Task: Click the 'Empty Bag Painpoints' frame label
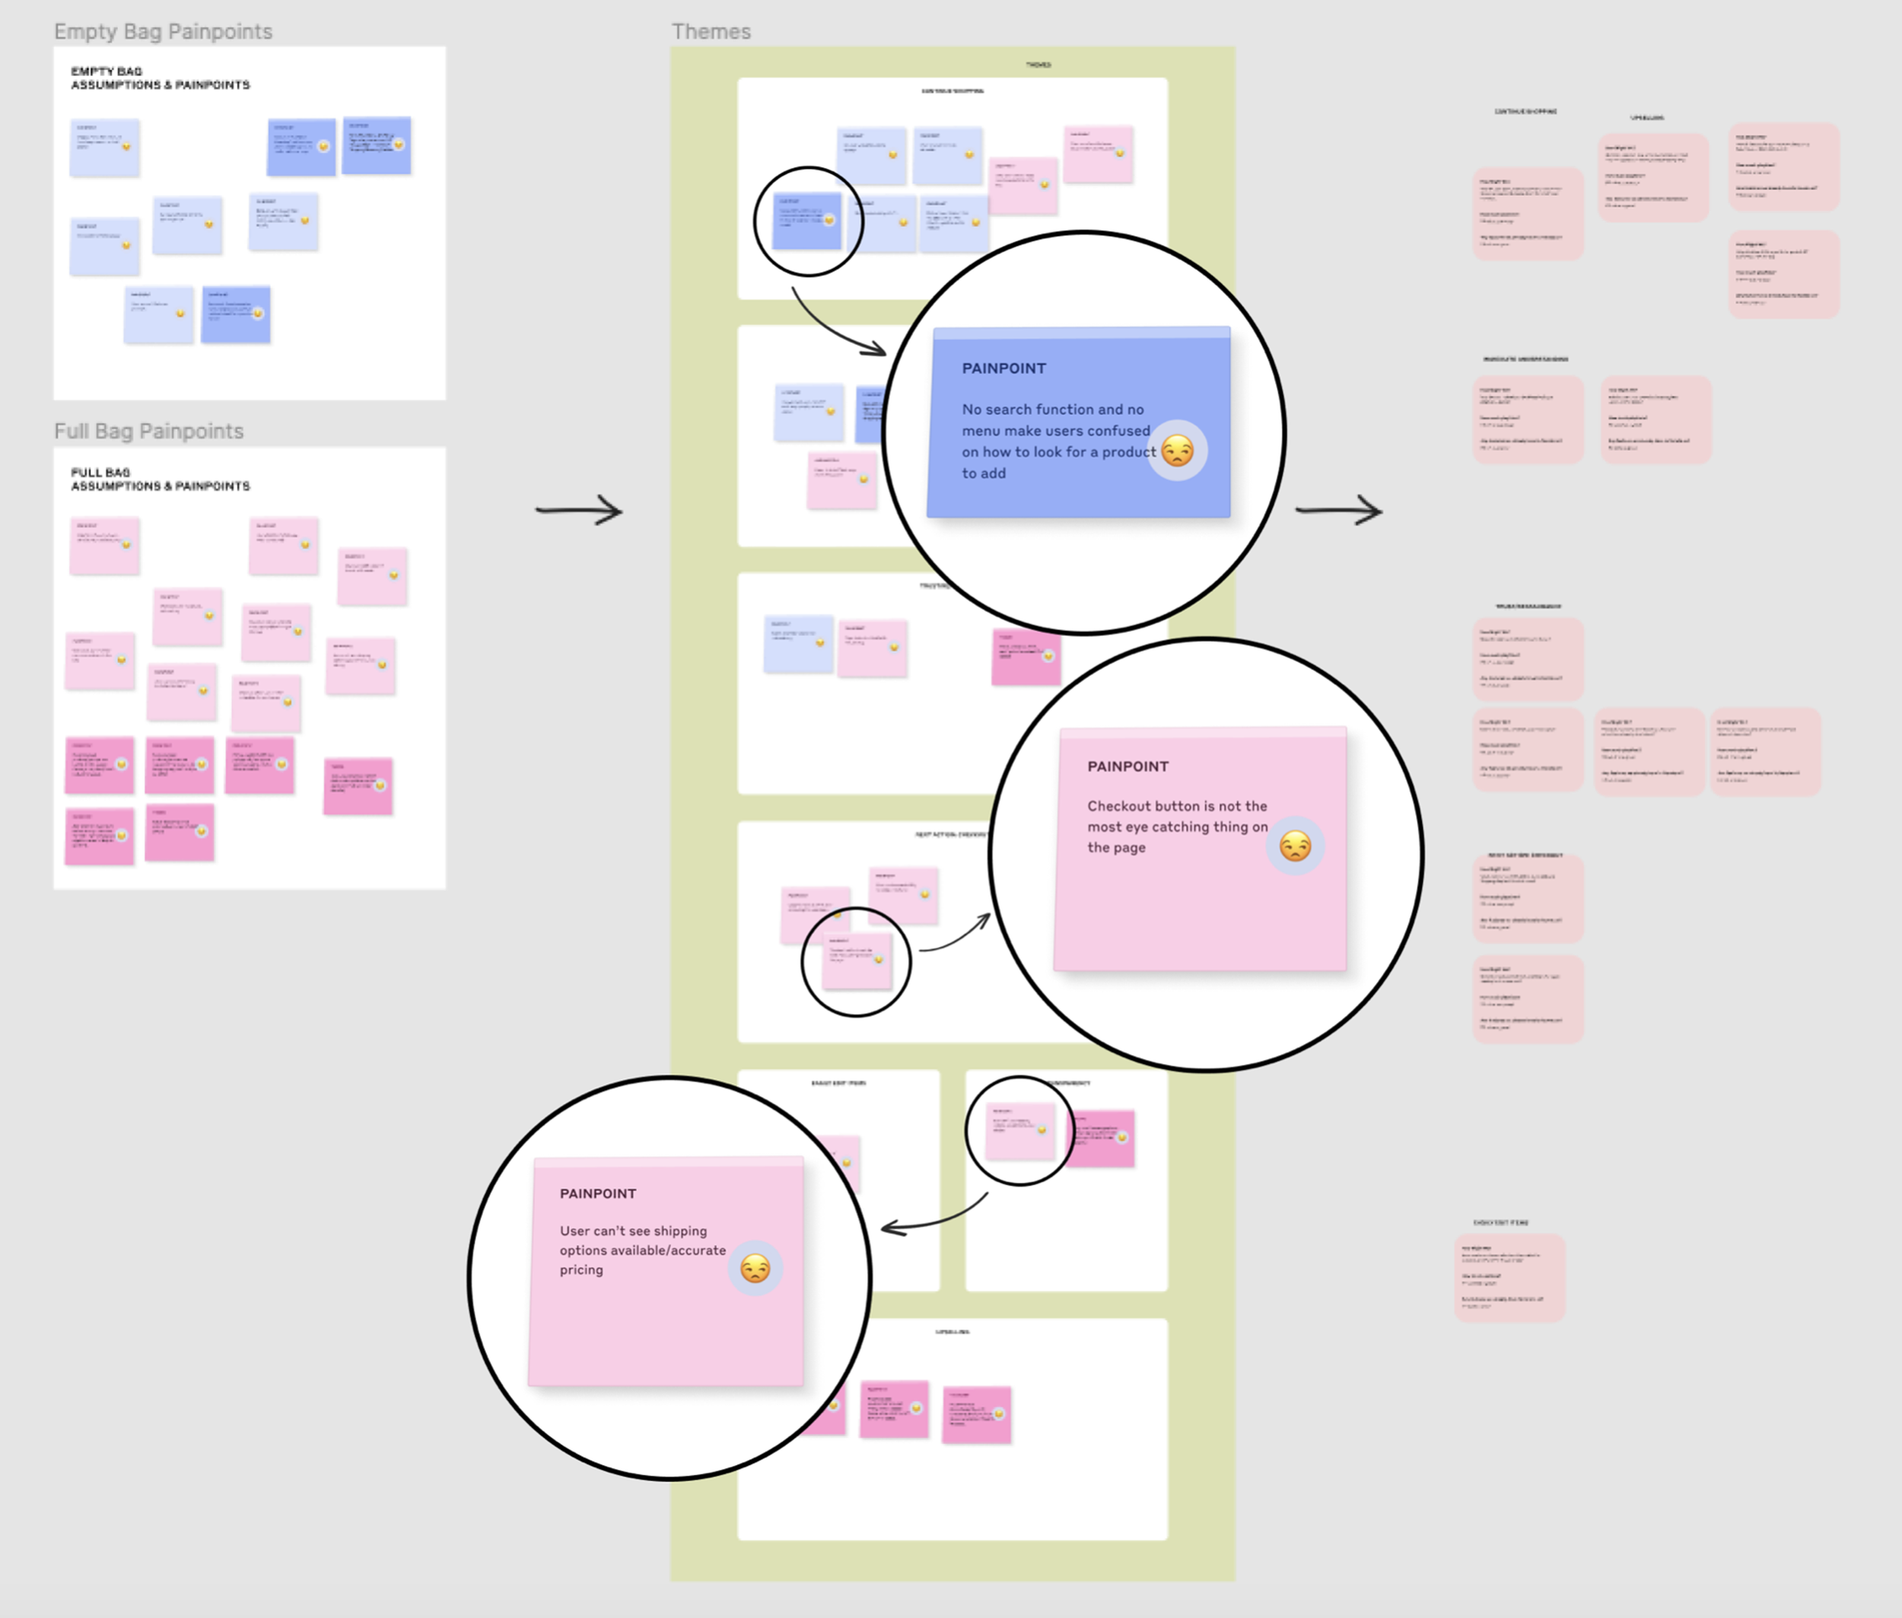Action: pyautogui.click(x=164, y=32)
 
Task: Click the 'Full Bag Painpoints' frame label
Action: pyautogui.click(x=148, y=431)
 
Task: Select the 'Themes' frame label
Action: pyautogui.click(x=711, y=32)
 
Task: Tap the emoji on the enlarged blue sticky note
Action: pyautogui.click(x=1178, y=451)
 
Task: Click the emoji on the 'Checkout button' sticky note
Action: pyautogui.click(x=1295, y=846)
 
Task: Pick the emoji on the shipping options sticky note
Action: pyautogui.click(x=755, y=1269)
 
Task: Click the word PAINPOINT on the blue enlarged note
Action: pyautogui.click(x=1003, y=368)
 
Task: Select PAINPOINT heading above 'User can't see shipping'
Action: pyautogui.click(x=598, y=1193)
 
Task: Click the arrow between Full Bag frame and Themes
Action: pyautogui.click(x=580, y=510)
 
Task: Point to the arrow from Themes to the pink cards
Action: pyautogui.click(x=1339, y=510)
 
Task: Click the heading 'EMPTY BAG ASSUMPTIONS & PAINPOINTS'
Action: pyautogui.click(x=160, y=78)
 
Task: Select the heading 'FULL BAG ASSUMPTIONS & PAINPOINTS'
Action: pyautogui.click(x=160, y=479)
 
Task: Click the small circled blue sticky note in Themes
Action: pyautogui.click(x=806, y=221)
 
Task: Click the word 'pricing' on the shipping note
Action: pyautogui.click(x=581, y=1270)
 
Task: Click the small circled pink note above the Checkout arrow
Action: pyautogui.click(x=857, y=961)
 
